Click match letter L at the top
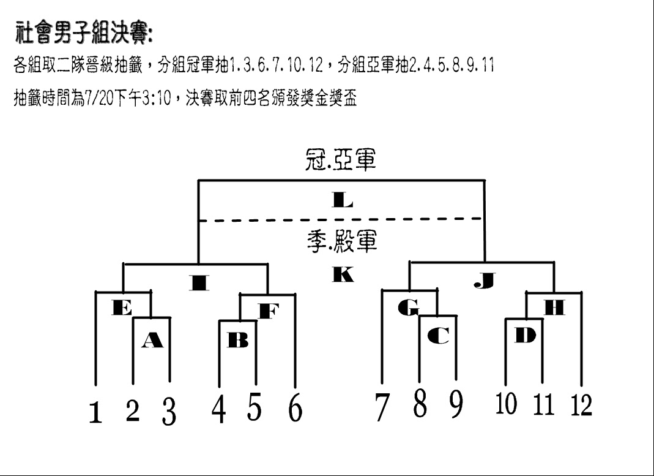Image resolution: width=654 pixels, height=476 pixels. click(343, 200)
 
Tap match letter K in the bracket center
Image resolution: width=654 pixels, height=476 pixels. click(343, 274)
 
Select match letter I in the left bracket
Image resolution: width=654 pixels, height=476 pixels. click(199, 282)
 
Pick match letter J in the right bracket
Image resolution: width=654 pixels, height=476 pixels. click(485, 281)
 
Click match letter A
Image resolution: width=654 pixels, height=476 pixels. click(152, 340)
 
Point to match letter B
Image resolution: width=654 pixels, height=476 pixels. click(238, 340)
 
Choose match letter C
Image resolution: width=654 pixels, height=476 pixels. click(439, 335)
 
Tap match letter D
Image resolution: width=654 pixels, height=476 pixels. click(525, 335)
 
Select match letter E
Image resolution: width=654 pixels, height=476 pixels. click(122, 308)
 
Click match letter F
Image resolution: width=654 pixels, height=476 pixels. click(269, 311)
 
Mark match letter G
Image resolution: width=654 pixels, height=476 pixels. click(408, 308)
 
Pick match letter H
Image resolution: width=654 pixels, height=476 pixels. click(555, 308)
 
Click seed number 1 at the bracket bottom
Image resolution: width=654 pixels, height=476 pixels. click(95, 412)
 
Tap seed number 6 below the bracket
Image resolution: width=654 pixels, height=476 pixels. click(295, 407)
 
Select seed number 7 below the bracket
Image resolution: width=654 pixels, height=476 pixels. click(381, 407)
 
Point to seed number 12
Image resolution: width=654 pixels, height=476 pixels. click(581, 404)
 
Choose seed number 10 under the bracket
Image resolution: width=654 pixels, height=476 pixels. click(507, 403)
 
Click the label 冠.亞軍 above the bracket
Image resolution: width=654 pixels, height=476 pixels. click(341, 160)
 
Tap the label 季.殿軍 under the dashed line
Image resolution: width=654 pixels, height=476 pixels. click(342, 241)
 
